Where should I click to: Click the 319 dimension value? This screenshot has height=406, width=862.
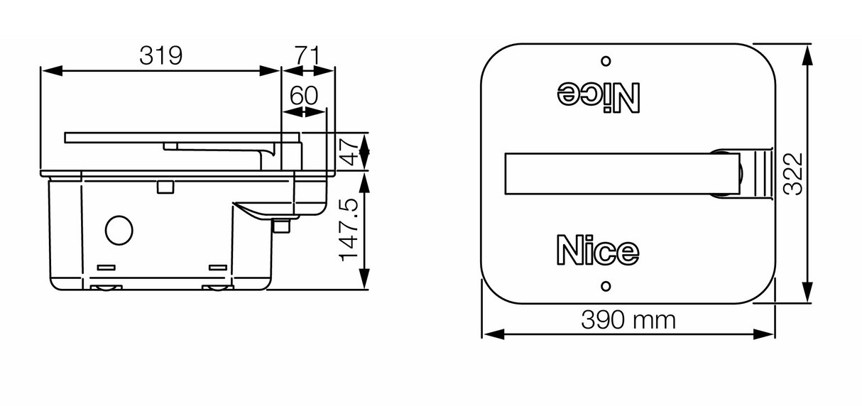160,55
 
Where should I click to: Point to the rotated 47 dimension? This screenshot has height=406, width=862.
348,151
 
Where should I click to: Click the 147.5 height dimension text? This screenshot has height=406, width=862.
348,230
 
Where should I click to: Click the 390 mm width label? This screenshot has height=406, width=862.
628,320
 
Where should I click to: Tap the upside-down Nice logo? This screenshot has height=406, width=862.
599,96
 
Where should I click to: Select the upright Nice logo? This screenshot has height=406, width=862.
597,250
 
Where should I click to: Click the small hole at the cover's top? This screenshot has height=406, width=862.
606,61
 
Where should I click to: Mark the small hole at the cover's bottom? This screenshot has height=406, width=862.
605,286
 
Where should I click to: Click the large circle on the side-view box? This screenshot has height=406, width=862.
119,229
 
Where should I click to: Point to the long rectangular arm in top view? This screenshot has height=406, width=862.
618,172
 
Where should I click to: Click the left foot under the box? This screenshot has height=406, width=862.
106,287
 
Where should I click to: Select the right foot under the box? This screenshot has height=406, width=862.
217,287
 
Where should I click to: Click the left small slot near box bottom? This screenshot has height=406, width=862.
106,267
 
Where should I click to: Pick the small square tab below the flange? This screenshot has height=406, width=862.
165,186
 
